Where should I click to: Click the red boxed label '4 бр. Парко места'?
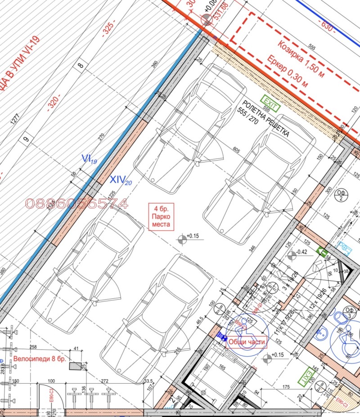tap(161, 217)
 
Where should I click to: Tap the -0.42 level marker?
tap(300, 252)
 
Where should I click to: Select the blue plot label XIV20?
tap(121, 180)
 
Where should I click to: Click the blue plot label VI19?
tap(89, 159)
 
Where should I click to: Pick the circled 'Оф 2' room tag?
tap(341, 196)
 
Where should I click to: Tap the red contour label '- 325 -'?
tap(108, 28)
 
